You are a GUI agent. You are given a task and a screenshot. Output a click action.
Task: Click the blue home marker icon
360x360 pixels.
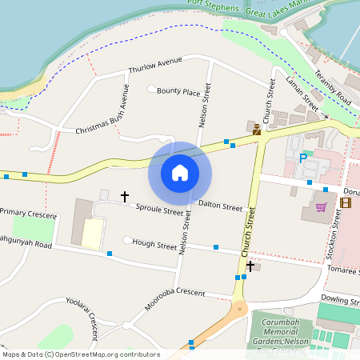point(180,173)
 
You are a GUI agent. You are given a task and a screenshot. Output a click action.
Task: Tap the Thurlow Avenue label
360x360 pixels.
point(155,65)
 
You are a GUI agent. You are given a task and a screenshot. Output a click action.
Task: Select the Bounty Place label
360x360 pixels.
point(178,92)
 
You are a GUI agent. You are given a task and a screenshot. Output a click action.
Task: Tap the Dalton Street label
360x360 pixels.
point(220,206)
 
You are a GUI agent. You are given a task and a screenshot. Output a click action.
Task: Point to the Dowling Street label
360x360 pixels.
point(340,300)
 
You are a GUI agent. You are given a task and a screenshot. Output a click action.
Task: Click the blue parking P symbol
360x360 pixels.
point(303,158)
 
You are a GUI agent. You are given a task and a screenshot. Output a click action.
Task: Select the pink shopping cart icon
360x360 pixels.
point(322,206)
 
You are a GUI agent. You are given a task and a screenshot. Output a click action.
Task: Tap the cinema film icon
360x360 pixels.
point(345,202)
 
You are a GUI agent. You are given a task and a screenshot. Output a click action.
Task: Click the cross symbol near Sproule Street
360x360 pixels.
point(124,195)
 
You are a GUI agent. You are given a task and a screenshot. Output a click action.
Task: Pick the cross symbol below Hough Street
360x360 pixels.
point(250,265)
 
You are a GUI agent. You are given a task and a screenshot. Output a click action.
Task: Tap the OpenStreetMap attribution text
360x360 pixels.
point(81,354)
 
